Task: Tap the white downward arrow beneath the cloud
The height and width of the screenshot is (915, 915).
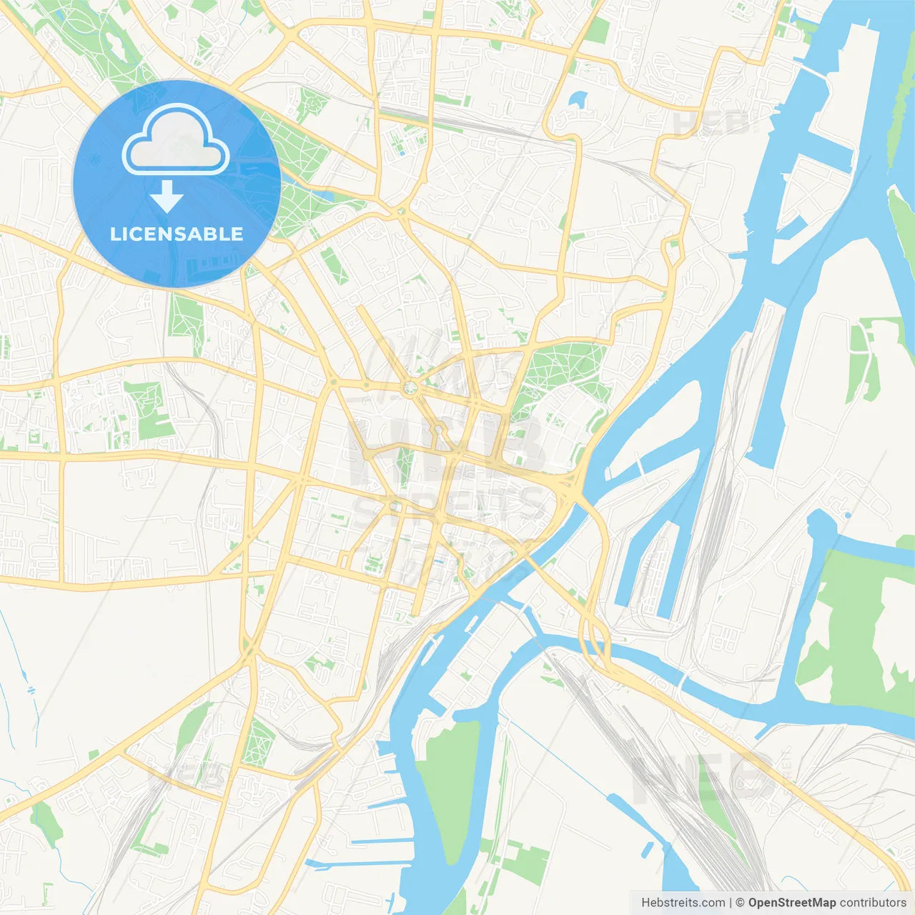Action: pyautogui.click(x=167, y=197)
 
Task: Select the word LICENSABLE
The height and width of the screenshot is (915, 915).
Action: pyautogui.click(x=177, y=234)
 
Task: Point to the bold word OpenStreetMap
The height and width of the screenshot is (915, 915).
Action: pyautogui.click(x=791, y=903)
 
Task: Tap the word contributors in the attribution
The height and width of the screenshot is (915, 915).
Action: pyautogui.click(x=873, y=903)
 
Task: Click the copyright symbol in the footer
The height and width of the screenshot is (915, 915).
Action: pyautogui.click(x=741, y=903)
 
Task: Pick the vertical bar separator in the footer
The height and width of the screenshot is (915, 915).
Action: pyautogui.click(x=731, y=903)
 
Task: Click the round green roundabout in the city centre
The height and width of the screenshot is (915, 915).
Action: pyautogui.click(x=410, y=388)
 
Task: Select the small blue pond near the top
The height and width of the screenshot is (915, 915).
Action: pyautogui.click(x=578, y=99)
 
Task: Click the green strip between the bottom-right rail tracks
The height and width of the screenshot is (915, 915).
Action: pyautogui.click(x=715, y=808)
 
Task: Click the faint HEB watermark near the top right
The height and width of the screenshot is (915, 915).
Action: pyautogui.click(x=711, y=123)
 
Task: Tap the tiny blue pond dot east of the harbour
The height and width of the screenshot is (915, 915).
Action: pyautogui.click(x=848, y=515)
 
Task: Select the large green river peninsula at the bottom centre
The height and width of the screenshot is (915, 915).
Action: pyautogui.click(x=450, y=786)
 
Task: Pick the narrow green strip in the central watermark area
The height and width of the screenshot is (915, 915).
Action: pyautogui.click(x=405, y=468)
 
